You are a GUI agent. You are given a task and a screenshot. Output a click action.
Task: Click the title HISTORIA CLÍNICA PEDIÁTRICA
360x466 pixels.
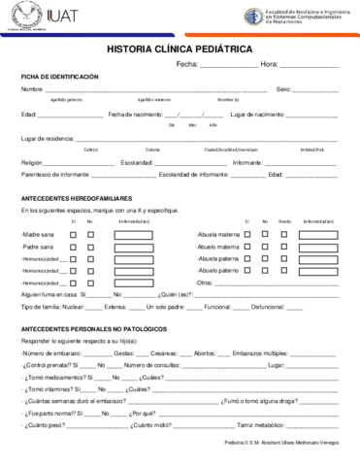[180, 48]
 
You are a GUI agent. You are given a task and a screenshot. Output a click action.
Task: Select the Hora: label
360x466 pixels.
[270, 64]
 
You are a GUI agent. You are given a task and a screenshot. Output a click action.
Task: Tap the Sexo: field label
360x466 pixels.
[284, 89]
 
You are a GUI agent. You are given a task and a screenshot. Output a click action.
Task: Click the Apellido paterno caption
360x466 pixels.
[66, 100]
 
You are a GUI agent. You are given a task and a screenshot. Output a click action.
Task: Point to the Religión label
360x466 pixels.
[32, 162]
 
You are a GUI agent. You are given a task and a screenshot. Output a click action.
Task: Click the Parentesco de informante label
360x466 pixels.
[54, 175]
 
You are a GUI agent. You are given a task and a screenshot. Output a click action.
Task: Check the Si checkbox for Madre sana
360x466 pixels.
[74, 235]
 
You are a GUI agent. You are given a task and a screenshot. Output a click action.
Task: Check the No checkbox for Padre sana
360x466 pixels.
[90, 248]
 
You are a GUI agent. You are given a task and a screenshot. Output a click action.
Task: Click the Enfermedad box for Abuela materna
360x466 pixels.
[316, 235]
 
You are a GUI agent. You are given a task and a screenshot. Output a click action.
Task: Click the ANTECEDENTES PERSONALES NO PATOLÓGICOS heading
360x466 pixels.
[93, 330]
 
